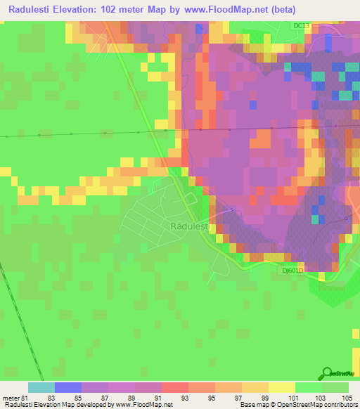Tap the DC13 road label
(302, 25)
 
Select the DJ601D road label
(292, 271)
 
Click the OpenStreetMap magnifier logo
(328, 373)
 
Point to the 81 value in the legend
(25, 398)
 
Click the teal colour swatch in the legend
(41, 387)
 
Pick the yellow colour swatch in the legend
(282, 387)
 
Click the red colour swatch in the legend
(175, 387)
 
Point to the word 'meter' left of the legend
(11, 398)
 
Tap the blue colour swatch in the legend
(68, 387)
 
